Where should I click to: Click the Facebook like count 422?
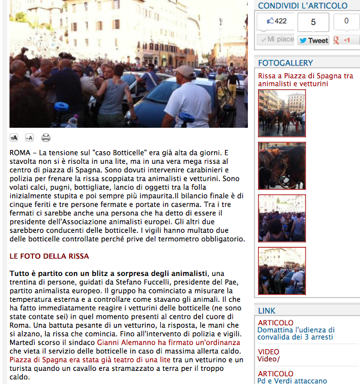tap(276, 22)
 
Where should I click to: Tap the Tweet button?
tap(313, 40)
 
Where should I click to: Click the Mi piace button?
tap(276, 40)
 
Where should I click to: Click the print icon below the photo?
tap(46, 137)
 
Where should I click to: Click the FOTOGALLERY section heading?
tap(286, 63)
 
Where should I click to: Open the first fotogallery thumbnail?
tap(281, 113)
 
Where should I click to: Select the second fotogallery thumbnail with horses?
tap(281, 166)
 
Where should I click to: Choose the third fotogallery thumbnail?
tap(281, 218)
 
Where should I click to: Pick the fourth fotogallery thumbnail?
tap(281, 271)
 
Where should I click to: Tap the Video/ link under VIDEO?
tap(269, 359)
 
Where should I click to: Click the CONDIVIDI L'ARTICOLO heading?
tap(302, 5)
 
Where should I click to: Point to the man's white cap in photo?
tap(185, 70)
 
